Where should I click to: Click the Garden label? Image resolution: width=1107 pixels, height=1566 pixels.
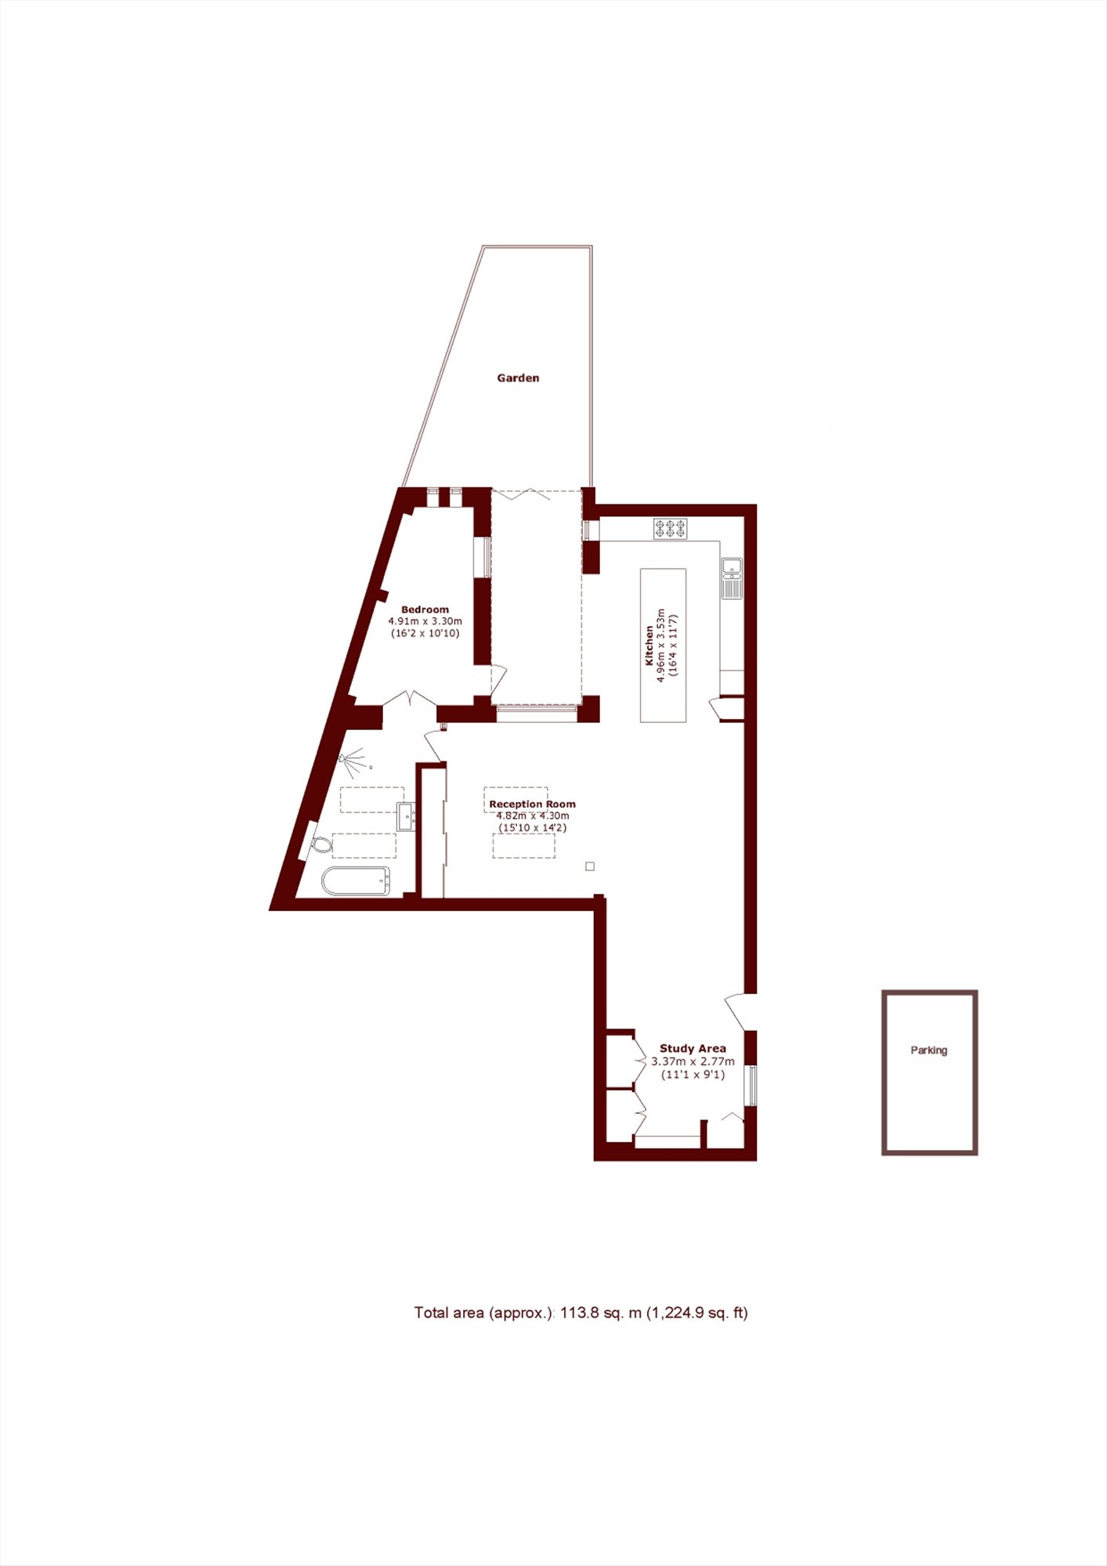coord(518,378)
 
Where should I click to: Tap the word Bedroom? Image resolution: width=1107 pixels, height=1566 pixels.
coord(425,609)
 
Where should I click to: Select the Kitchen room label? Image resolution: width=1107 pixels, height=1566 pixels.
coord(649,646)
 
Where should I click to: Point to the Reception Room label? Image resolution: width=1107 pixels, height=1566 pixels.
coord(532,804)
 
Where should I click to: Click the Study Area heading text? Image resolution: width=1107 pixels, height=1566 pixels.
coord(693,1048)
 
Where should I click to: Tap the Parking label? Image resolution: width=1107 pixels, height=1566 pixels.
coord(928,1050)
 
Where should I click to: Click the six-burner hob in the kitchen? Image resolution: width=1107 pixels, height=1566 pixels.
coord(671,529)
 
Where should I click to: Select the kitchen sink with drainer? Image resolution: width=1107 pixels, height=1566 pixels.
coord(732,578)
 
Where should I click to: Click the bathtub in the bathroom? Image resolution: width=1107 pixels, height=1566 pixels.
coord(356,881)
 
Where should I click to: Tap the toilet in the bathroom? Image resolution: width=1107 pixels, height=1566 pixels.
coord(321,845)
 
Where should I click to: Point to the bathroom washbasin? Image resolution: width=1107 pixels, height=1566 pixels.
coord(406,816)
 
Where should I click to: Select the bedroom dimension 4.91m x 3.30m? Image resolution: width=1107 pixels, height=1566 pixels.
coord(425,621)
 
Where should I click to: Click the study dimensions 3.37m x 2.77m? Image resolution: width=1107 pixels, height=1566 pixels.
coord(693,1061)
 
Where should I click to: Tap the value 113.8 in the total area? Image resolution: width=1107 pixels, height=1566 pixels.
coord(579,1313)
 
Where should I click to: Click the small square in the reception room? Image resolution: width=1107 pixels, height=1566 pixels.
coord(590,866)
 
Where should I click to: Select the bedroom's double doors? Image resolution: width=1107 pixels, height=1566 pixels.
coord(410,699)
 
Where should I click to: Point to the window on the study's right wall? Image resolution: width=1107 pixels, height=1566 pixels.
coord(751,1085)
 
